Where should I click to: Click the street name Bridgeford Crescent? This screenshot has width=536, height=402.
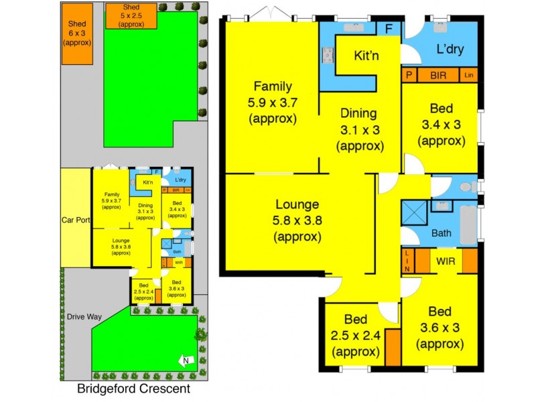tap(133, 389)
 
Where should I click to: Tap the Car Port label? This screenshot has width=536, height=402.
tap(75, 219)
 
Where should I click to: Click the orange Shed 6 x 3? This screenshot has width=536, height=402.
tap(76, 33)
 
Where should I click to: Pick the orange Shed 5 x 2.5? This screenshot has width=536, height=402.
tap(131, 15)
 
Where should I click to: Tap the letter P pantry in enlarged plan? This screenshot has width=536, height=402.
tap(407, 76)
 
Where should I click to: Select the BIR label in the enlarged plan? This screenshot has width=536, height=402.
tap(439, 76)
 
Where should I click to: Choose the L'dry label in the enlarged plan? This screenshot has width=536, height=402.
tap(450, 50)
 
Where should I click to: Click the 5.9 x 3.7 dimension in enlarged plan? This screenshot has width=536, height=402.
tap(272, 103)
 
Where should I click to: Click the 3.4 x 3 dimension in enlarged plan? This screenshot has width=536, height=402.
tap(440, 125)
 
